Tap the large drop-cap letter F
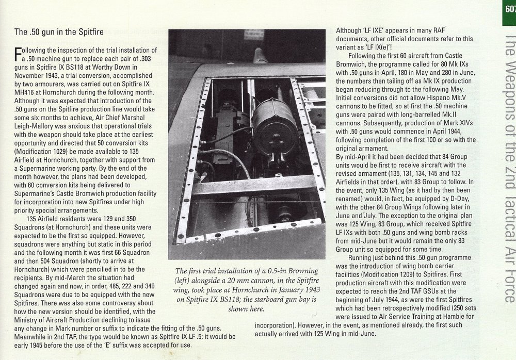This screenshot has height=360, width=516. tap(18, 54)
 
